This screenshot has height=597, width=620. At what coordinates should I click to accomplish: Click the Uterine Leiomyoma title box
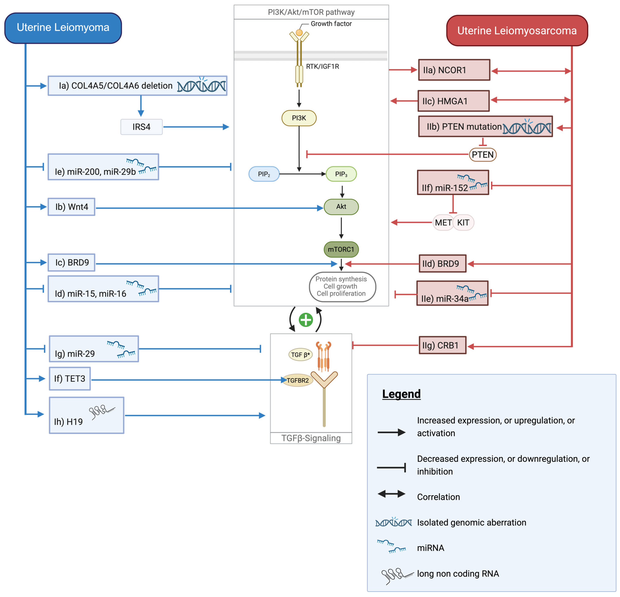(x=63, y=28)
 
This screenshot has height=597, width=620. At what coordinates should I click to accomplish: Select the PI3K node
(x=299, y=118)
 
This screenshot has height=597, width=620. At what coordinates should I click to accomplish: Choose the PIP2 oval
(x=264, y=174)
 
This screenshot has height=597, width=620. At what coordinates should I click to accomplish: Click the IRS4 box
(x=141, y=127)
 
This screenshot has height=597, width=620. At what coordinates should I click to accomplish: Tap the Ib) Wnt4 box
(x=72, y=207)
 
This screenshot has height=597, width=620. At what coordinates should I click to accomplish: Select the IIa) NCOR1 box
(x=454, y=70)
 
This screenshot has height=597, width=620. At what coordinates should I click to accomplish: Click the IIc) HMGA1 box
(x=453, y=101)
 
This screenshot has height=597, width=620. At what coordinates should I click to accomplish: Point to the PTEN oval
(x=482, y=155)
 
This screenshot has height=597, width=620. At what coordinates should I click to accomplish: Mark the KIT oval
(x=463, y=222)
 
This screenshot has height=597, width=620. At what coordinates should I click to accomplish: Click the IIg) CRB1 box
(x=442, y=345)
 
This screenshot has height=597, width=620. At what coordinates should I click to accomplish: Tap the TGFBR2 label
(x=298, y=380)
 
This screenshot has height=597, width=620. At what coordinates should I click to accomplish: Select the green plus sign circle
(x=306, y=320)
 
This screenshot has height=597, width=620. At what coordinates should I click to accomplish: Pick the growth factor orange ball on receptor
(x=299, y=33)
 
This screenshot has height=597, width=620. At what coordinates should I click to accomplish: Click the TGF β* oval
(x=300, y=355)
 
